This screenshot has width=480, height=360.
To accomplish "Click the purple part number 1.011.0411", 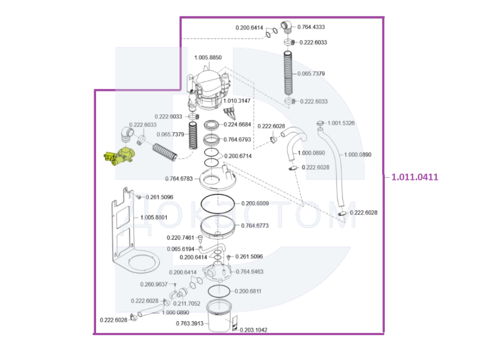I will (414, 177).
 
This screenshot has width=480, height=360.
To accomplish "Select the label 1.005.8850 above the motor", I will (208, 58).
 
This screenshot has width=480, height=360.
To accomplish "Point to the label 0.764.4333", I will (311, 27).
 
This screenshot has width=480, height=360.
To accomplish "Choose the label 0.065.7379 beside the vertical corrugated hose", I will (311, 74).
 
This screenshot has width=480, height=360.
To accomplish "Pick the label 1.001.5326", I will (341, 123).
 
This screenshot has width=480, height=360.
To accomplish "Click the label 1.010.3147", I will (237, 101).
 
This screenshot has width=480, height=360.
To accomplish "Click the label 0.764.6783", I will (179, 179).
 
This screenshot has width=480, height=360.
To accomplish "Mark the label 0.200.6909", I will (255, 203).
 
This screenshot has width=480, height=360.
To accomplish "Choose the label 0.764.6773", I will (255, 225).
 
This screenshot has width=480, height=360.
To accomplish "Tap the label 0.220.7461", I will (180, 238).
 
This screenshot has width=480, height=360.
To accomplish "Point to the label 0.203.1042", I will (254, 330).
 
